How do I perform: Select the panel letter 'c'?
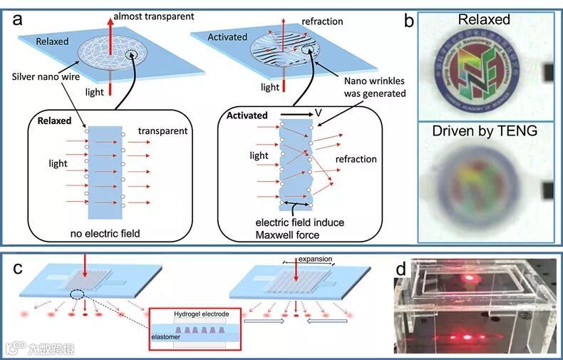coord(16,267)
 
